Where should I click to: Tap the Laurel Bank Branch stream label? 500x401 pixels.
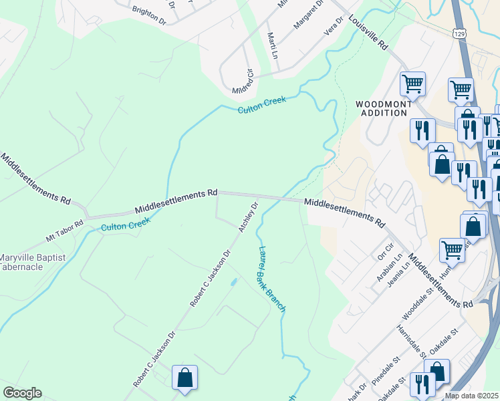271,279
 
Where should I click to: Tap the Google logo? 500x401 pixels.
22,393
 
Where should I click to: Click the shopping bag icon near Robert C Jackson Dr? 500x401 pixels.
185,378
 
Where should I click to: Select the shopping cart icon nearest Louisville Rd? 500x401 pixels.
412,84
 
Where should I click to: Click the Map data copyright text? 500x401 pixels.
472,396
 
